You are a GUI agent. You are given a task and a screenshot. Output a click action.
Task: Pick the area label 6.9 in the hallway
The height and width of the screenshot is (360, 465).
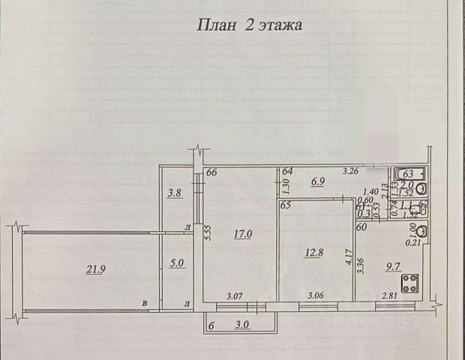click(318, 181)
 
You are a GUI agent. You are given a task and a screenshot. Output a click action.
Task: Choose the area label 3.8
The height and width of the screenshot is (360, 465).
click(174, 192)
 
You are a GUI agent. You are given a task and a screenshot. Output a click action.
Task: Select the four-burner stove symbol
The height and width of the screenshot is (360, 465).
click(411, 283)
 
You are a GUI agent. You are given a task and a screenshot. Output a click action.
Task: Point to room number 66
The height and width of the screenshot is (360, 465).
click(211, 173)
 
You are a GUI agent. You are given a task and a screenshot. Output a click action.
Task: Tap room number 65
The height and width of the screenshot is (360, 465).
click(285, 205)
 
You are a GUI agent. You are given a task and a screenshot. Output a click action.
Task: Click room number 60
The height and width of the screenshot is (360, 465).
click(361, 226)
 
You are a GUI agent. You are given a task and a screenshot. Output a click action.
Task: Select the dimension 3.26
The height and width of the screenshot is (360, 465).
click(350, 172)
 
